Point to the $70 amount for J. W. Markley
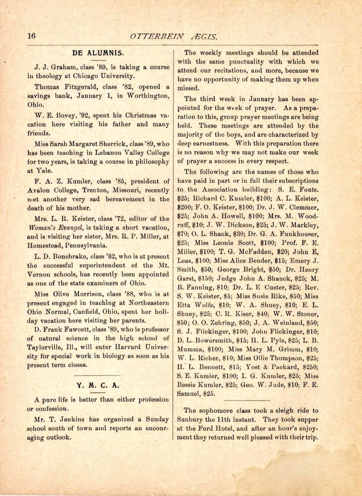pyautogui.click(x=182, y=234)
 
